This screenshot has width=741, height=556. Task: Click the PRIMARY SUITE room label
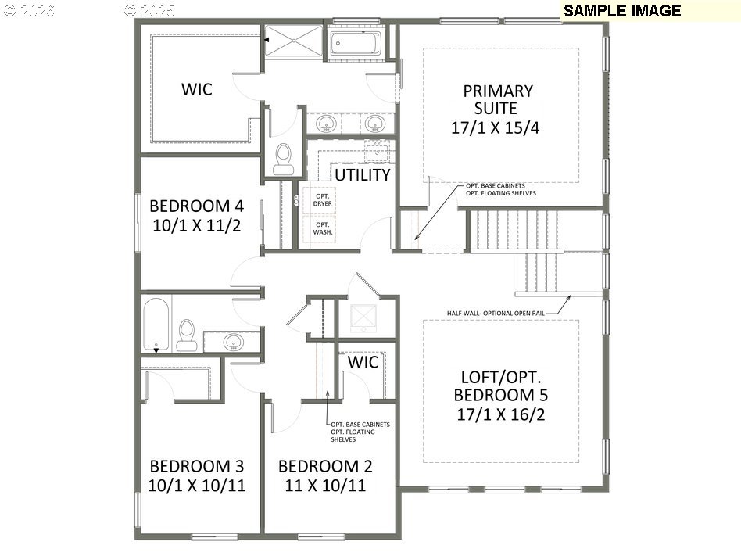click(x=497, y=99)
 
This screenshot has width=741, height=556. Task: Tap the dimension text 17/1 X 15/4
click(x=495, y=128)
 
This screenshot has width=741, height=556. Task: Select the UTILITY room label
click(x=363, y=174)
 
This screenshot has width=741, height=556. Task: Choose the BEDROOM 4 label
click(x=196, y=206)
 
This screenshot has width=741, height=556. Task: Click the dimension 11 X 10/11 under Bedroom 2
click(x=325, y=486)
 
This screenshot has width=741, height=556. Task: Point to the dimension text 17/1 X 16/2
click(x=500, y=414)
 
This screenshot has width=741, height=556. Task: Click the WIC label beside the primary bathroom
click(x=196, y=89)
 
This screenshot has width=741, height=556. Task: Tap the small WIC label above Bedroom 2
click(x=363, y=363)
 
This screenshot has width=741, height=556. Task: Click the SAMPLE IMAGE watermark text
click(x=621, y=10)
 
